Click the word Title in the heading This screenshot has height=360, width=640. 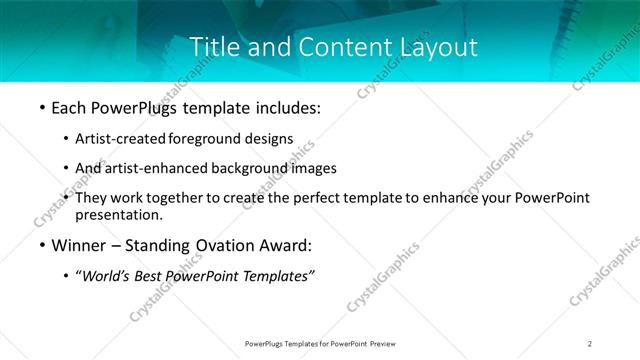(x=213, y=46)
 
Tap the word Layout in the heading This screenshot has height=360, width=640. (x=438, y=46)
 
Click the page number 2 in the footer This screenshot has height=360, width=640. (x=590, y=344)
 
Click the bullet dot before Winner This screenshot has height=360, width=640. (x=41, y=245)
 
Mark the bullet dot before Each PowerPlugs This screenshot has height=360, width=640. (x=41, y=107)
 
